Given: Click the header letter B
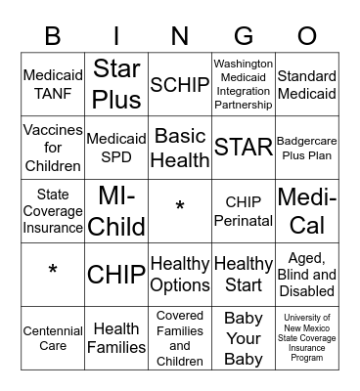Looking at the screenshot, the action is [x=53, y=37].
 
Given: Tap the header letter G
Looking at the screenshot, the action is [x=244, y=37].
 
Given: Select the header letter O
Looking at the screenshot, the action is [x=307, y=37].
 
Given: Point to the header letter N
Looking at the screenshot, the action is [x=180, y=37].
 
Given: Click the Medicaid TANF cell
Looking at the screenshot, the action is [x=53, y=85].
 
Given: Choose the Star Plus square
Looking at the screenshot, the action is [x=116, y=85].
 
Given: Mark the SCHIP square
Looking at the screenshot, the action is [x=180, y=85].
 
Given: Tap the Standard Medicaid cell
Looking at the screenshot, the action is [x=307, y=85].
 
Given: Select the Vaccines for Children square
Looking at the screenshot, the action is [x=53, y=148].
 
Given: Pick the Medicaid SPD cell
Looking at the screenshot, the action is [x=116, y=148].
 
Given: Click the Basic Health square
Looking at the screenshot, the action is [x=180, y=148].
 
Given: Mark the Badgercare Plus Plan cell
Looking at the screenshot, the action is [x=307, y=148].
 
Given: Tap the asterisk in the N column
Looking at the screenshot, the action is [x=180, y=208].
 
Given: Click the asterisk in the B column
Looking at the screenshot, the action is [x=53, y=272].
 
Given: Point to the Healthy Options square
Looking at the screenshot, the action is [x=180, y=275].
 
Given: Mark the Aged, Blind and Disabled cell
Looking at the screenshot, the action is [x=307, y=275].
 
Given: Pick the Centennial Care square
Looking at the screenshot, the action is [x=53, y=337].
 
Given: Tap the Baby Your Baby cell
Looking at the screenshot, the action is [x=244, y=337].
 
